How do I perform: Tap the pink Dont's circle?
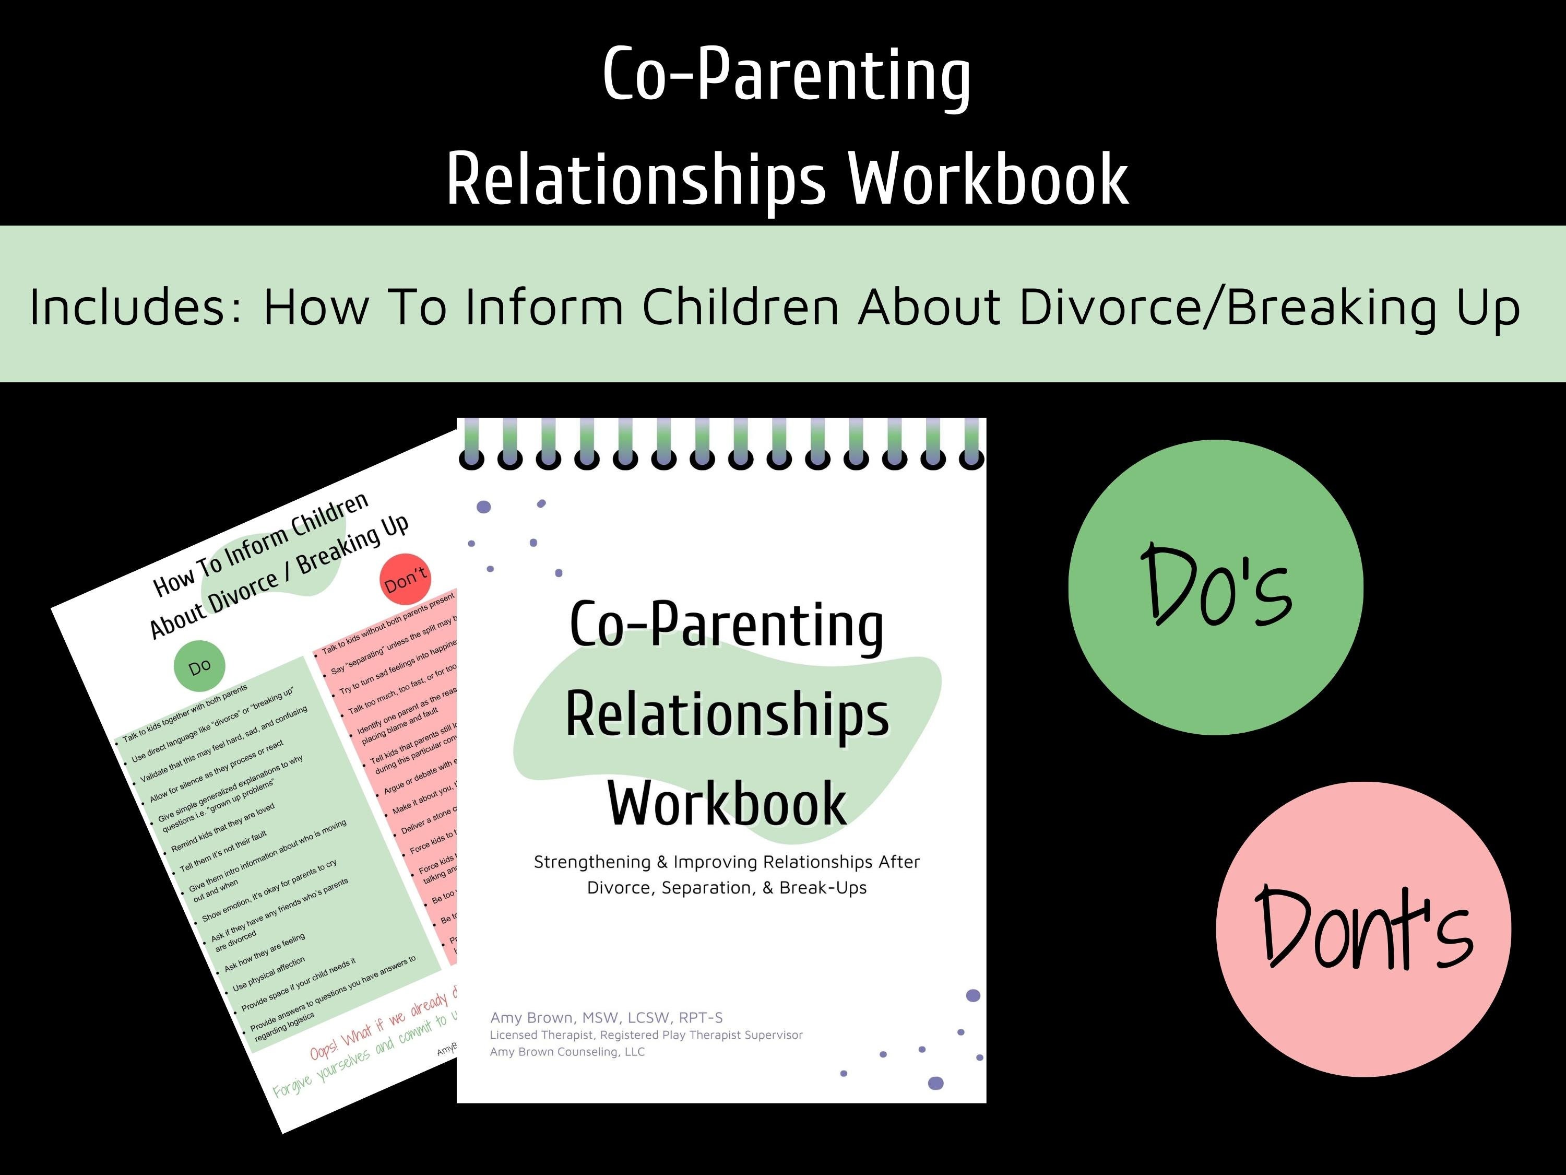point(1363,929)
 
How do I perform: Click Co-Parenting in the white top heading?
point(786,74)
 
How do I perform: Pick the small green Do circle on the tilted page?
point(199,666)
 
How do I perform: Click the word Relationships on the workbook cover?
point(727,715)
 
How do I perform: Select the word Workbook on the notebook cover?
point(727,804)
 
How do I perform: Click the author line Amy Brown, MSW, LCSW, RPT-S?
point(606,1018)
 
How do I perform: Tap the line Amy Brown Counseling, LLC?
point(567,1052)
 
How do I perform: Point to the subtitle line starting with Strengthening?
point(727,862)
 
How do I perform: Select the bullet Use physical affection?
point(269,974)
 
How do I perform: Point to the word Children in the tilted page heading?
point(330,515)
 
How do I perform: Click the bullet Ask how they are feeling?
point(265,952)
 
